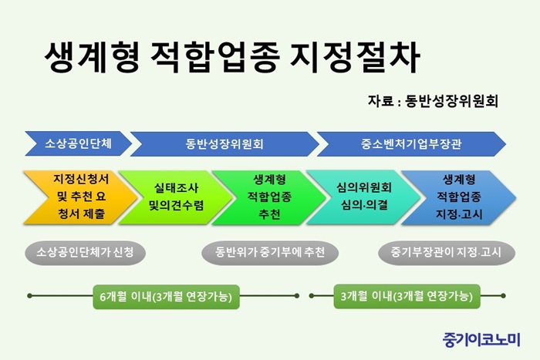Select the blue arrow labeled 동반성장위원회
(224, 144)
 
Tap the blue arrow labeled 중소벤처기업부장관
(411, 144)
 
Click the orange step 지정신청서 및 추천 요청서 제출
(80, 197)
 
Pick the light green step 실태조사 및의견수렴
(176, 197)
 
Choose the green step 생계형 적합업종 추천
(269, 197)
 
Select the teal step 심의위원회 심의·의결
(363, 197)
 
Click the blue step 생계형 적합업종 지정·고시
(459, 197)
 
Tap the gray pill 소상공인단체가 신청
(85, 253)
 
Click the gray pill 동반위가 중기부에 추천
(270, 253)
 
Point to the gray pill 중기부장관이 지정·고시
(447, 253)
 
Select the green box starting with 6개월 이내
(166, 297)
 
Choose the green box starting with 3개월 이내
(407, 296)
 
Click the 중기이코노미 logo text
(481, 339)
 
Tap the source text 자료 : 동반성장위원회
(433, 101)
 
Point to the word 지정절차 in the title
(355, 57)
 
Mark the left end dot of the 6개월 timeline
(29, 296)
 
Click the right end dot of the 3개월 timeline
(503, 296)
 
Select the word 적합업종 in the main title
(215, 57)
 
